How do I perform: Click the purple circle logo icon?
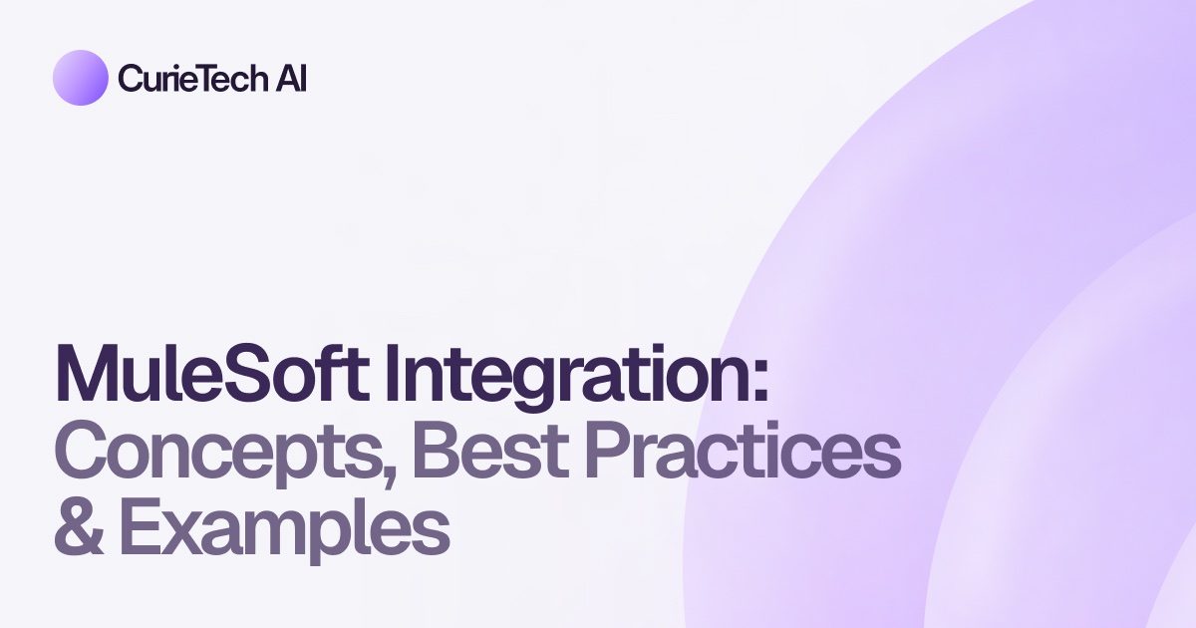tap(80, 78)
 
